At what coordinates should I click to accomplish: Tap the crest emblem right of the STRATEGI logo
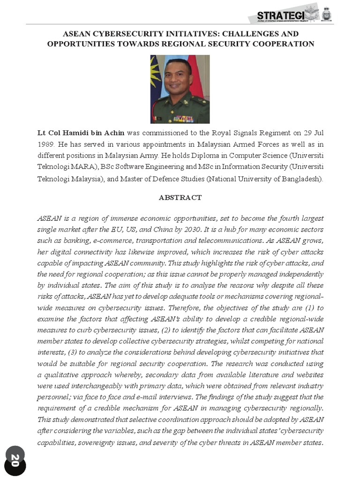(327, 15)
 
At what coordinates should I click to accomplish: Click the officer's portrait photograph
(180, 89)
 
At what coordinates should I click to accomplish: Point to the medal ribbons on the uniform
(183, 118)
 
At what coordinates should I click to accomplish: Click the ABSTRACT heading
(180, 198)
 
